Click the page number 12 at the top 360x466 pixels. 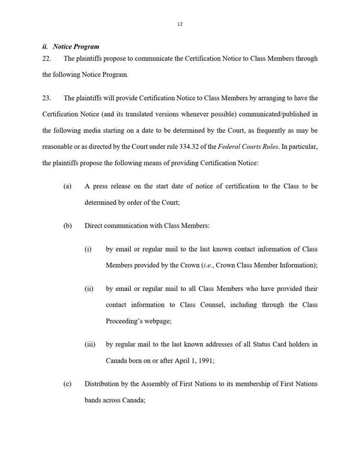tap(180, 24)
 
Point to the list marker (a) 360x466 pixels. tap(67, 187)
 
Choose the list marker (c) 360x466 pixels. tap(67, 384)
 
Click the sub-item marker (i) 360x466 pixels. tap(88, 249)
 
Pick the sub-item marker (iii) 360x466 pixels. tap(90, 345)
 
